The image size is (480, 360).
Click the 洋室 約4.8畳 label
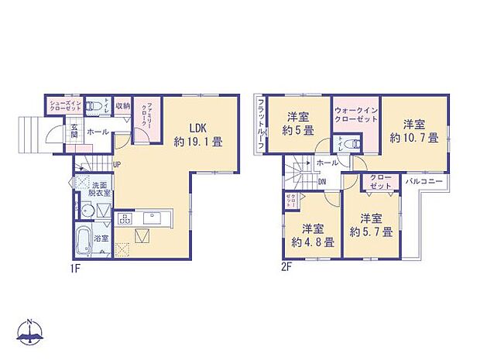pyautogui.click(x=313, y=235)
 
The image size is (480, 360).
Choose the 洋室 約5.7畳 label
pyautogui.click(x=370, y=225)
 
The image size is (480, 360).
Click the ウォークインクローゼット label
pyautogui.click(x=356, y=115)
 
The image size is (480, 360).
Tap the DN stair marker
pyautogui.click(x=322, y=182)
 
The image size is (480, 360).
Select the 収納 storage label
pyautogui.click(x=122, y=105)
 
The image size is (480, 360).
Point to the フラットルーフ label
pyautogui.click(x=262, y=123)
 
